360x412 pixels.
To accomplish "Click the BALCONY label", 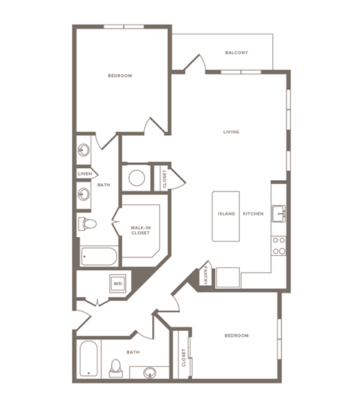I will tap(236, 53).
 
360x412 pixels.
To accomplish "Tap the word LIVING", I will tap(231, 132).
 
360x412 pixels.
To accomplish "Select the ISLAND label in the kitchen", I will tap(226, 214).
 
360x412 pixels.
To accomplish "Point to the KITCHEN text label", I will tap(253, 214).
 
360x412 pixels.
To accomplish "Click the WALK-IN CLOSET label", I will tap(140, 230).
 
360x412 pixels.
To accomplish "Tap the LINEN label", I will tap(85, 174).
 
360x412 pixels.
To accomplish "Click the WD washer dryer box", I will tap(117, 284).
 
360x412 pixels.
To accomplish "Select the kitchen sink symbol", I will tap(278, 212).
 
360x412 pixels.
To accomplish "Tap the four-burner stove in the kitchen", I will tap(278, 245).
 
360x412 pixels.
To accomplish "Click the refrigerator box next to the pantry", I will tap(226, 278).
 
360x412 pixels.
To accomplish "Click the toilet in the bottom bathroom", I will tap(115, 366).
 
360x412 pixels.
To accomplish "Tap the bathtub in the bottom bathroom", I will tap(88, 359).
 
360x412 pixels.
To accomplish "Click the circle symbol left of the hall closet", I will tap(136, 178).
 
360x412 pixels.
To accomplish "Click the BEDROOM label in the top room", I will tap(120, 76).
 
